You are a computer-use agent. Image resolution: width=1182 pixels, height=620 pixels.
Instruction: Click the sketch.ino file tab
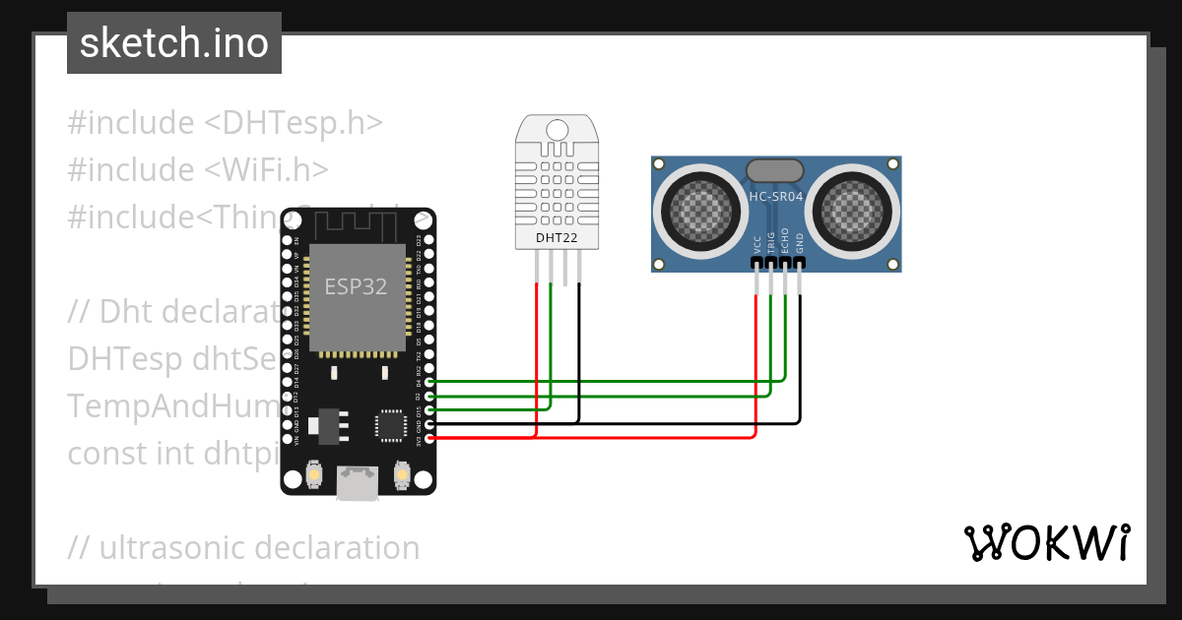pyautogui.click(x=174, y=43)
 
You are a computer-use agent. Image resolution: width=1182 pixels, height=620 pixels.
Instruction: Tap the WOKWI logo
pyautogui.click(x=1046, y=542)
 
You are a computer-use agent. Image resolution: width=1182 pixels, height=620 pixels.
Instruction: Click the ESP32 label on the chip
pyautogui.click(x=356, y=287)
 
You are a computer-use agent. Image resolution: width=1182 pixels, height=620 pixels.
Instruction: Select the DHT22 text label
pyautogui.click(x=557, y=237)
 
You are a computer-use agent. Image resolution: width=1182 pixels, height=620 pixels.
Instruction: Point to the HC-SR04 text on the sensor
pyautogui.click(x=775, y=197)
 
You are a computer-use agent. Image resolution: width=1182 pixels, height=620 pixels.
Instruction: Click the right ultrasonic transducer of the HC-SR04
pyautogui.click(x=853, y=208)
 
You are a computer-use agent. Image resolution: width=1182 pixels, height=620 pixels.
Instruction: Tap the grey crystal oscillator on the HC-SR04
pyautogui.click(x=775, y=170)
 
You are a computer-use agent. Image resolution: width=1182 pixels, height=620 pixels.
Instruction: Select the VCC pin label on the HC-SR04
pyautogui.click(x=756, y=244)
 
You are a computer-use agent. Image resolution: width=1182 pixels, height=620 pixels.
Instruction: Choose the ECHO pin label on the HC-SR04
pyautogui.click(x=785, y=242)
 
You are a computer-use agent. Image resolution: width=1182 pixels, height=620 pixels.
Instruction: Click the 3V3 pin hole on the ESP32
pyautogui.click(x=429, y=438)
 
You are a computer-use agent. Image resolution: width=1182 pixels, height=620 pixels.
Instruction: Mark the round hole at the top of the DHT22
pyautogui.click(x=557, y=129)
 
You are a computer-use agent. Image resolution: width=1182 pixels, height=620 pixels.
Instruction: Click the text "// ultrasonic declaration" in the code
pyautogui.click(x=243, y=547)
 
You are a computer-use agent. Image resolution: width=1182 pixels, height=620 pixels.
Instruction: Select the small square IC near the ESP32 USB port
pyautogui.click(x=389, y=425)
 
